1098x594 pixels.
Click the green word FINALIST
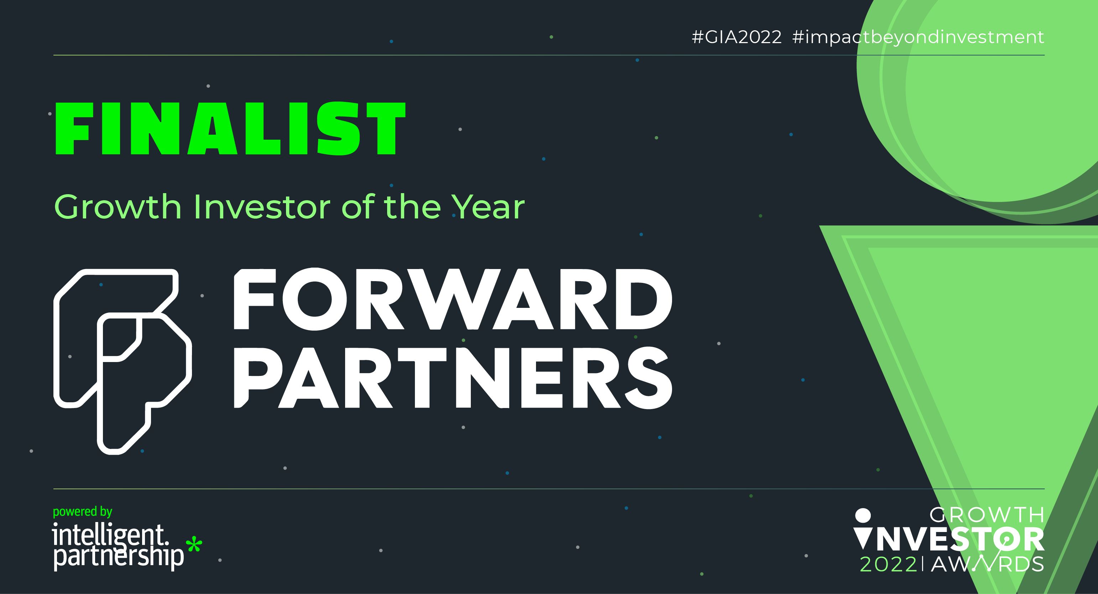[x=230, y=128]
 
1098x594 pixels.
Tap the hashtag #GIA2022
[x=737, y=37]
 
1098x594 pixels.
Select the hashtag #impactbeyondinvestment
[x=918, y=37]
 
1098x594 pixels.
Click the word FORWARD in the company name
[x=453, y=299]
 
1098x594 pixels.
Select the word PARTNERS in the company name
[x=453, y=377]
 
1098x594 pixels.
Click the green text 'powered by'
[x=82, y=512]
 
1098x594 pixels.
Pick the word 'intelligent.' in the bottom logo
[x=110, y=536]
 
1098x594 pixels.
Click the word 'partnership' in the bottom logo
[x=119, y=557]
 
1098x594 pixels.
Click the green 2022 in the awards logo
[x=888, y=564]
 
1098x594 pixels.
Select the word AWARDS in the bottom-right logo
[x=987, y=564]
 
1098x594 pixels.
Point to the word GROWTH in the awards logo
[x=987, y=516]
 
